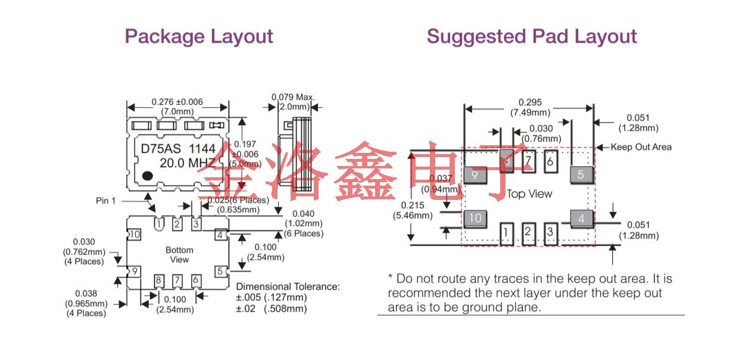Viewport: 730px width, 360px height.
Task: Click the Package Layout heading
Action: pyautogui.click(x=199, y=36)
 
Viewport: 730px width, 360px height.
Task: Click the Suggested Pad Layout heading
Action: pyautogui.click(x=532, y=36)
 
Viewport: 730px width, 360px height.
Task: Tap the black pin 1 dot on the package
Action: pyautogui.click(x=147, y=176)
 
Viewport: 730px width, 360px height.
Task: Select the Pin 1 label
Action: pyautogui.click(x=106, y=201)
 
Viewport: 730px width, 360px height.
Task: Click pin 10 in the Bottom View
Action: pyautogui.click(x=135, y=234)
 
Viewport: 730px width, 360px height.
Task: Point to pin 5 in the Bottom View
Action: pyautogui.click(x=220, y=271)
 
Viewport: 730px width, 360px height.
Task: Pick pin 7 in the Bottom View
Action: pyautogui.click(x=177, y=280)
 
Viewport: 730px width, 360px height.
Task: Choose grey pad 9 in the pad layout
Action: pyautogui.click(x=475, y=175)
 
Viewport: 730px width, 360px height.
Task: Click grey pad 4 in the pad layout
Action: pyautogui.click(x=582, y=218)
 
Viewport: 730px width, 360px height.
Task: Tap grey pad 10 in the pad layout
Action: pyautogui.click(x=475, y=218)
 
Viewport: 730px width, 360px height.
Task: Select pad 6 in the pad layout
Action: pyautogui.click(x=550, y=161)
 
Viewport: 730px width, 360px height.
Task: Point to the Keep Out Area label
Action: pyautogui.click(x=641, y=147)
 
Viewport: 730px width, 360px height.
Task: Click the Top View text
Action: pyautogui.click(x=529, y=194)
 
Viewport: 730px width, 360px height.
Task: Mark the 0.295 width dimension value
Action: pyautogui.click(x=530, y=102)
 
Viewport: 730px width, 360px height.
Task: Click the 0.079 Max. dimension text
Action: pyautogui.click(x=293, y=97)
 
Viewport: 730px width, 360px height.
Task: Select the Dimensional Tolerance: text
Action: pyautogui.click(x=288, y=286)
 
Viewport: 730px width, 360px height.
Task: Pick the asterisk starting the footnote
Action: pyautogui.click(x=391, y=278)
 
